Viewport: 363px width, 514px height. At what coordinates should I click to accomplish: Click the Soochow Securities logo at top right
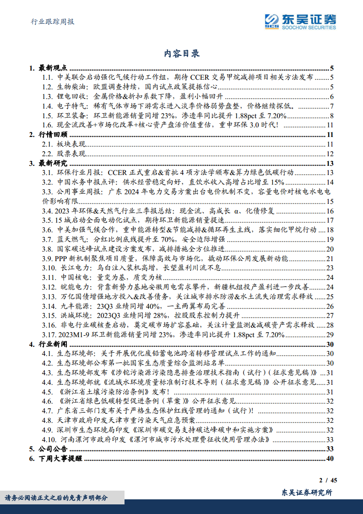point(300,21)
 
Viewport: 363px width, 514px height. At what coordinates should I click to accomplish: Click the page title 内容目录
point(182,54)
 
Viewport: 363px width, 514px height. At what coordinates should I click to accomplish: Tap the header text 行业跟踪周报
point(52,22)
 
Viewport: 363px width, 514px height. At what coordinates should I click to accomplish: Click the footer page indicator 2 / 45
point(328,481)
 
